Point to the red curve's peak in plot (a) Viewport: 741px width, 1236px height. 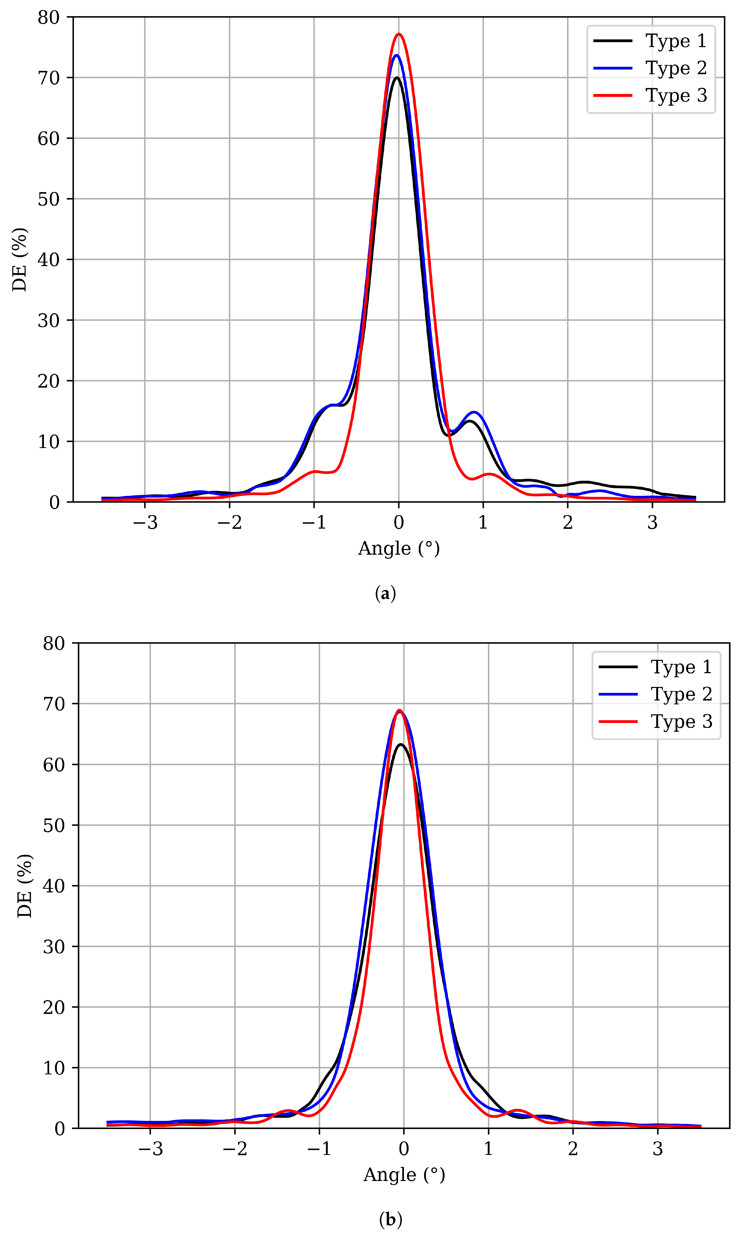pyautogui.click(x=399, y=34)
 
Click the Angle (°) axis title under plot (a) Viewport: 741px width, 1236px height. pyautogui.click(x=399, y=548)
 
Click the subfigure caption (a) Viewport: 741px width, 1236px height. pyautogui.click(x=385, y=594)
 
